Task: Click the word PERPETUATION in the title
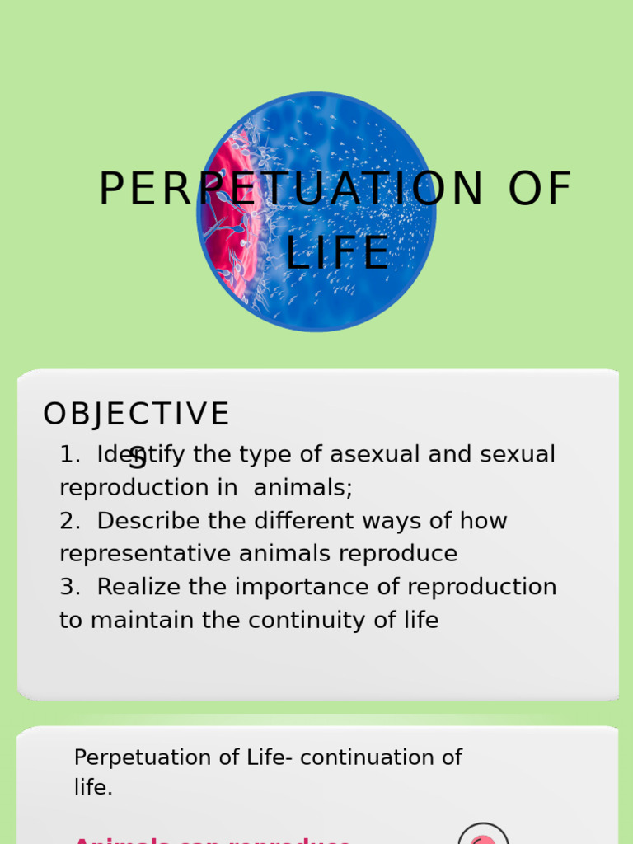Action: click(x=291, y=190)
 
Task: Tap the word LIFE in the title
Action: click(x=337, y=253)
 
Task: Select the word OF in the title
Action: click(x=539, y=190)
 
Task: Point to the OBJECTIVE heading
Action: click(x=136, y=415)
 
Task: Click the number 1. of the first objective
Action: click(x=69, y=454)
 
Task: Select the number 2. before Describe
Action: click(x=69, y=521)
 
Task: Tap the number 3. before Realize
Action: click(x=69, y=587)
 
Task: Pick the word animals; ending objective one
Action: click(x=303, y=487)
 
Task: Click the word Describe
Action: click(x=150, y=521)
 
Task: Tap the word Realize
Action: click(x=137, y=587)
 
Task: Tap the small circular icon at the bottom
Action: click(x=483, y=836)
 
